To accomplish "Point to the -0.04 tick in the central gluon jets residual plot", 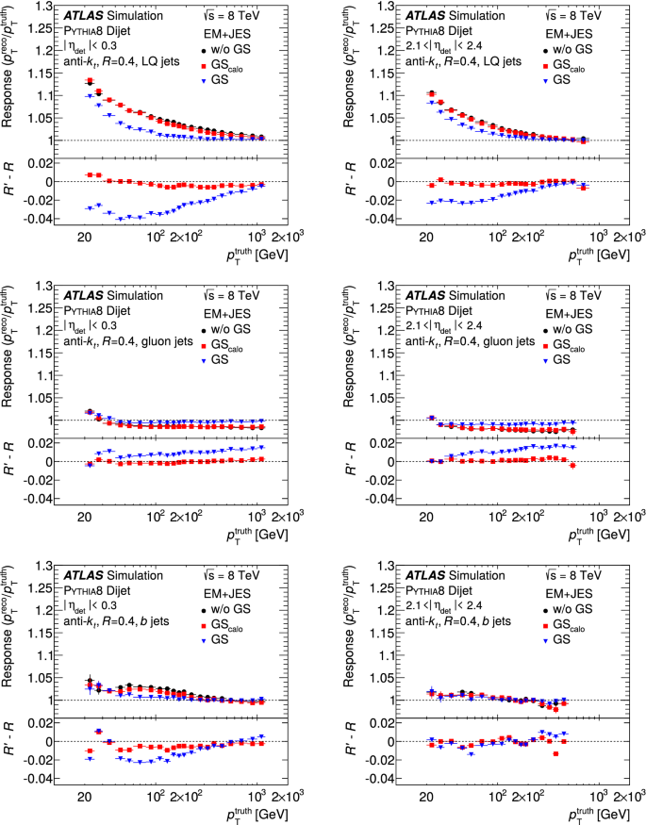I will point(39,498).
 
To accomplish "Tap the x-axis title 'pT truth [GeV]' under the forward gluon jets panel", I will point(592,533).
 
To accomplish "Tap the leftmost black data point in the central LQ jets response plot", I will point(90,82).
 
